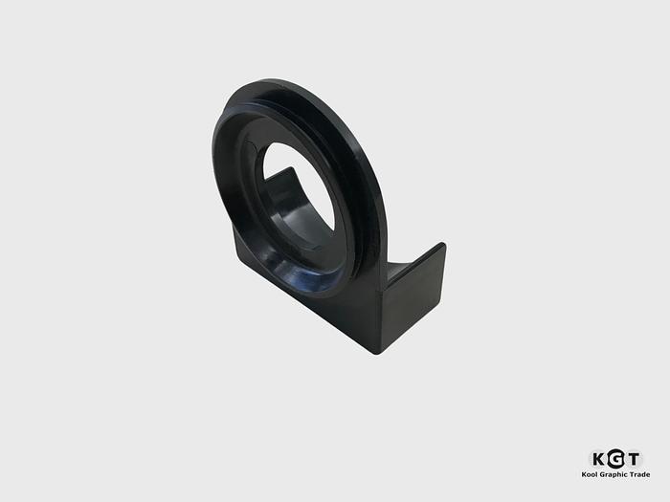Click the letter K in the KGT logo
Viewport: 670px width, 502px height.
[x=599, y=459]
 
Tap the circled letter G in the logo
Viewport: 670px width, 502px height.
[x=615, y=459]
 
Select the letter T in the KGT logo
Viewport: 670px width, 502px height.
[x=633, y=459]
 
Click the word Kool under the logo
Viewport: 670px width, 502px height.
[x=590, y=474]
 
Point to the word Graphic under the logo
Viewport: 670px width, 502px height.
[x=614, y=474]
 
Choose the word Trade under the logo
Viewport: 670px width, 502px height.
[x=640, y=474]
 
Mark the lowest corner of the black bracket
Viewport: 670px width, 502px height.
[x=376, y=355]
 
